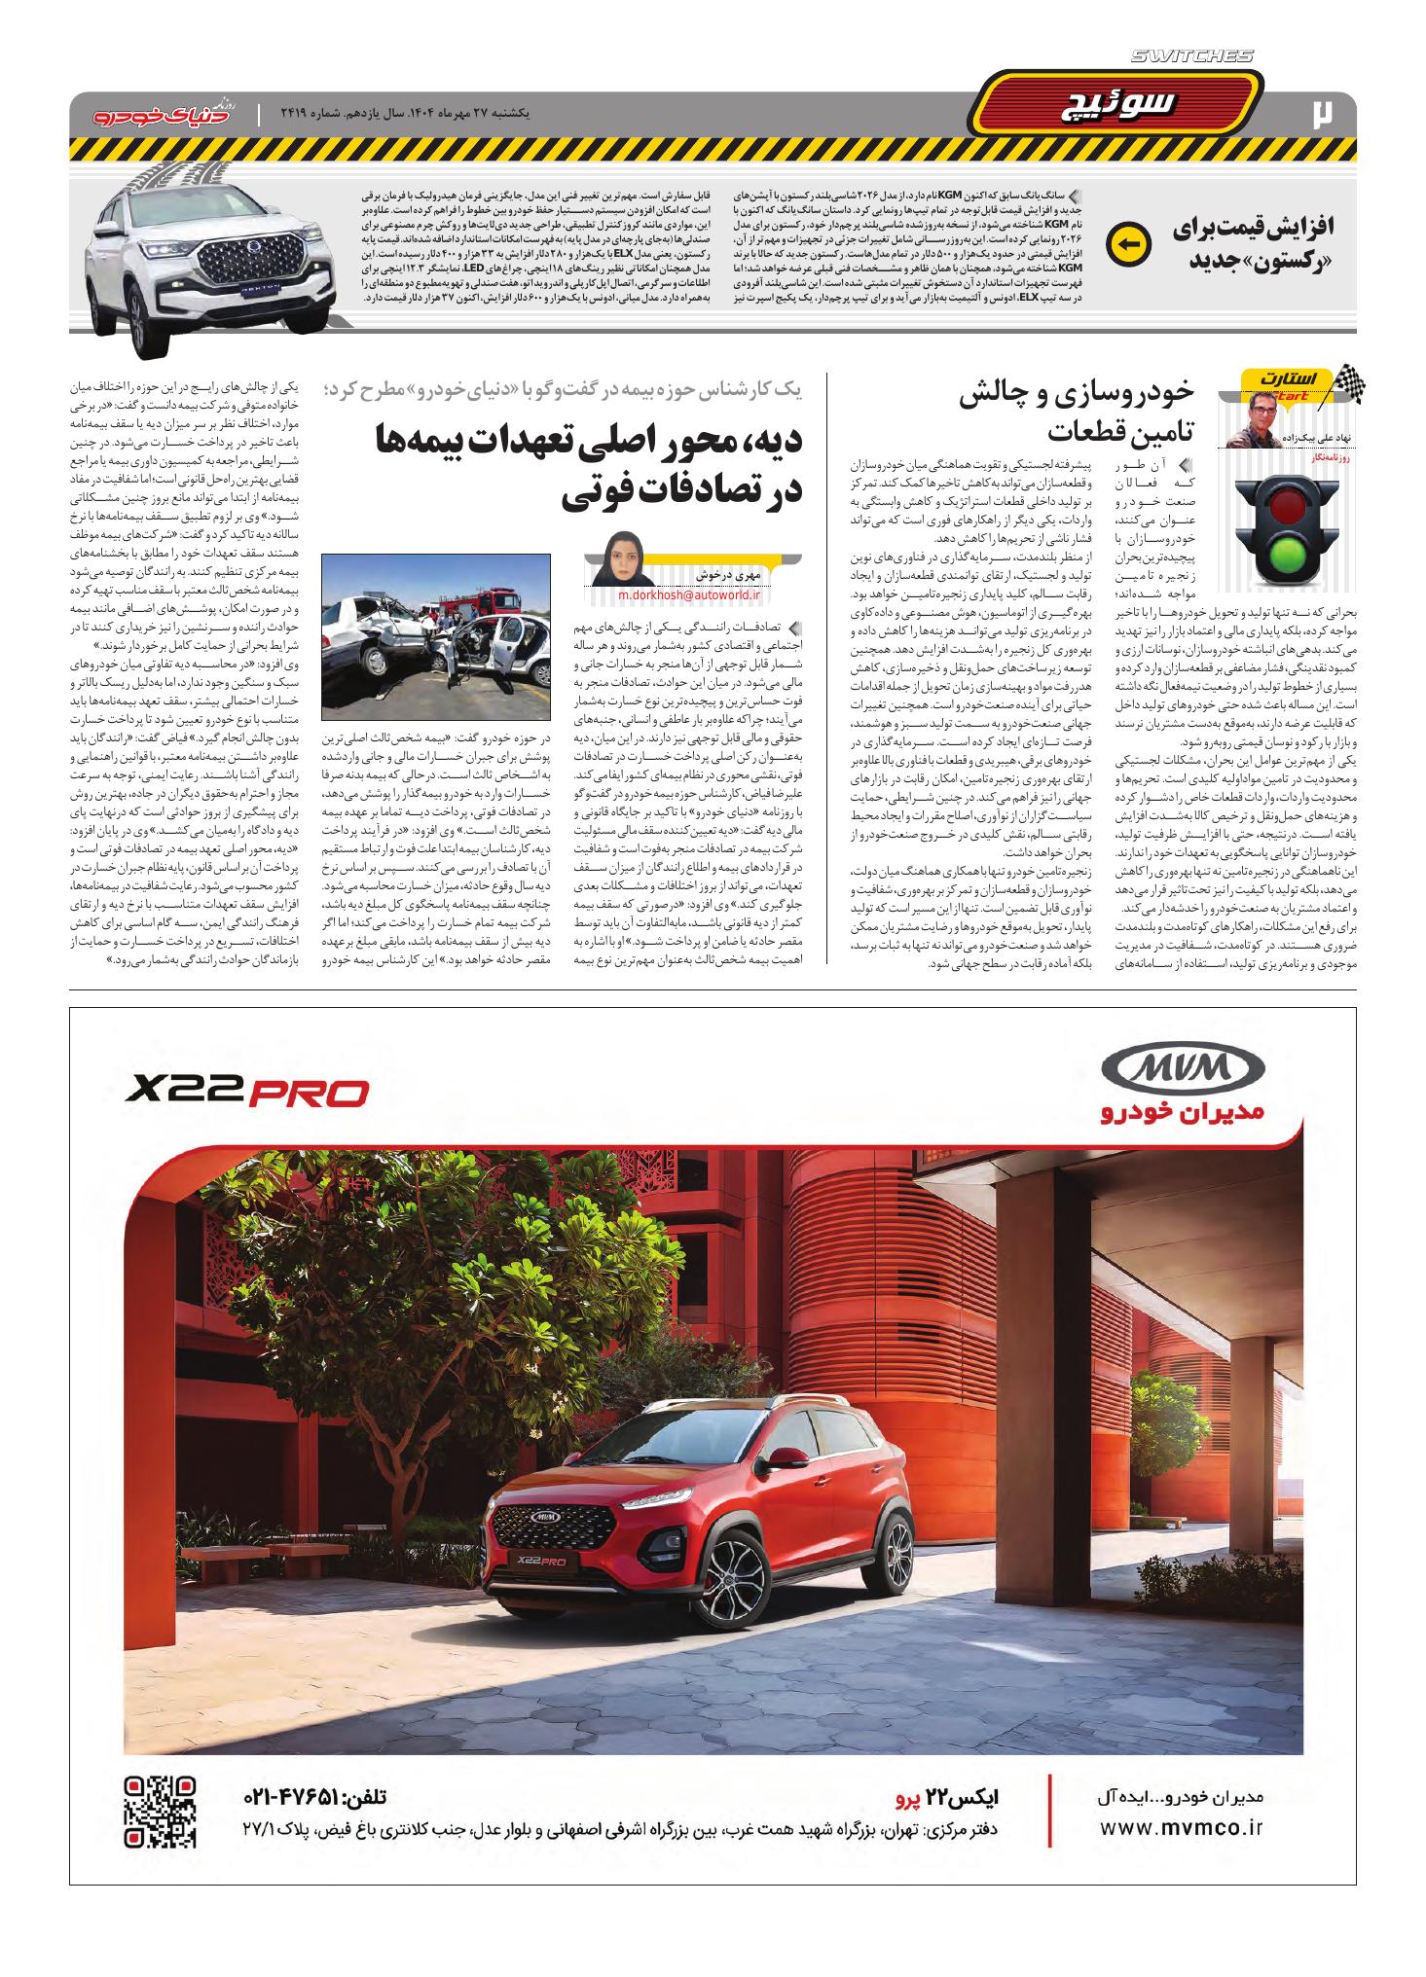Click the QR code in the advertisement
point(162,1812)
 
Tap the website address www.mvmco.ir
point(1180,1827)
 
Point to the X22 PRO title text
point(246,1093)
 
